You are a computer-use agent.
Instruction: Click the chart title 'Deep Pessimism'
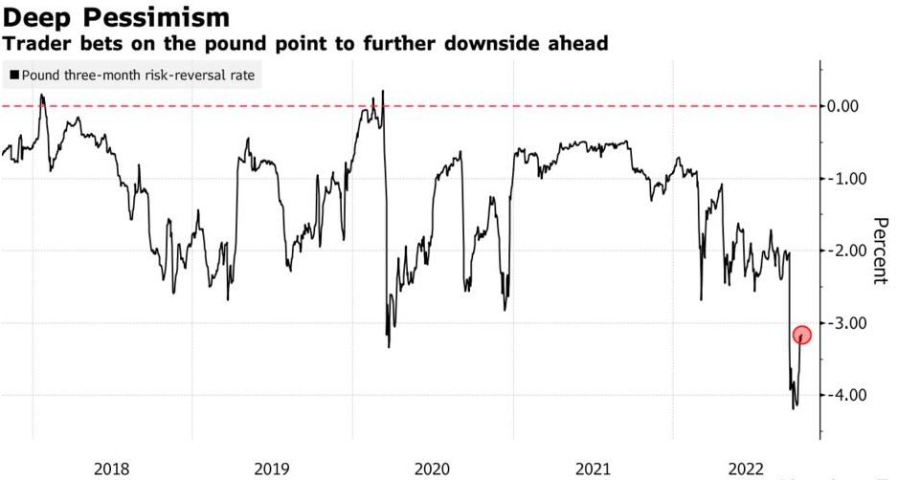[x=116, y=17]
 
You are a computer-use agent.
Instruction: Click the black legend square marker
[x=13, y=75]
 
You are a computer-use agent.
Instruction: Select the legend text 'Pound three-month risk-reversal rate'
[x=138, y=75]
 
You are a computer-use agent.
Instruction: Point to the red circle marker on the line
[x=802, y=335]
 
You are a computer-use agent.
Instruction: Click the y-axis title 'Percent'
[x=879, y=251]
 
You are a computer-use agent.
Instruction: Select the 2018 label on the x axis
[x=112, y=469]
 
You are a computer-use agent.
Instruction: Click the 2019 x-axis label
[x=272, y=469]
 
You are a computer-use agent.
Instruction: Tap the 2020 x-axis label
[x=432, y=469]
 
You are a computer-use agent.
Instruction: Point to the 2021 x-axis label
[x=593, y=469]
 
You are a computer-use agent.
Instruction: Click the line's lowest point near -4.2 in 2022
[x=794, y=408]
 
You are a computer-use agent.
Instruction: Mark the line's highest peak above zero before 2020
[x=383, y=91]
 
